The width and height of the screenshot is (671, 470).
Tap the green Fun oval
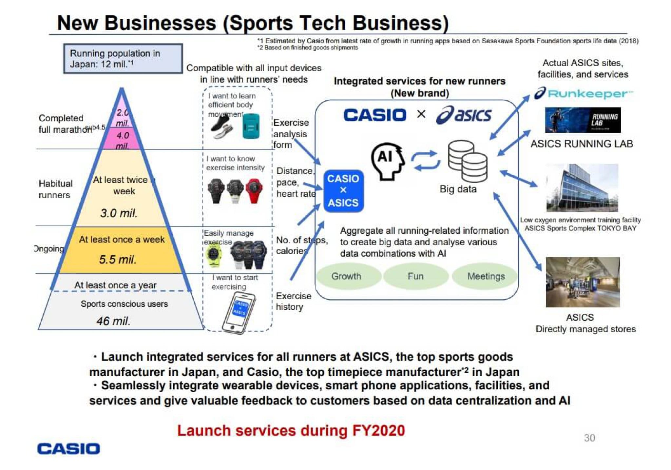[x=415, y=276]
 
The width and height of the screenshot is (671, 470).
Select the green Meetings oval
[x=485, y=276]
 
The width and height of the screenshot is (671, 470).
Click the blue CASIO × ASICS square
[x=343, y=191]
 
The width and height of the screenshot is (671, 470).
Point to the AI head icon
[x=388, y=161]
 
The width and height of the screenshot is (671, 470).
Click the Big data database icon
[x=468, y=161]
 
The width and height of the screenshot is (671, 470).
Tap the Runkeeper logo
[x=583, y=94]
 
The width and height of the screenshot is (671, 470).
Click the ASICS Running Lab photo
[x=583, y=120]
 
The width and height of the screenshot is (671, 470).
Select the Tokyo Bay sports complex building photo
[x=582, y=188]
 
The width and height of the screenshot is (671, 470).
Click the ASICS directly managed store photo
[x=583, y=282]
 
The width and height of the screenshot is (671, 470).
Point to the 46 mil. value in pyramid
[x=113, y=321]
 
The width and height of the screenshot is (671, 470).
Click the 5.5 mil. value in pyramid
[x=117, y=260]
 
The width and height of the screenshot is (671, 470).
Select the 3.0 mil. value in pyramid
[x=119, y=213]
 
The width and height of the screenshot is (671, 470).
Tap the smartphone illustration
[x=239, y=312]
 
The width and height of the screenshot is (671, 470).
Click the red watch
[x=254, y=190]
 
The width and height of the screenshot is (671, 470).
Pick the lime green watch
[x=213, y=254]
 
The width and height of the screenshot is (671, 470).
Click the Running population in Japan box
[x=123, y=58]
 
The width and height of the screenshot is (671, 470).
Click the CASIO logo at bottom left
[x=68, y=449]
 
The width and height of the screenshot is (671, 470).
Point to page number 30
[x=589, y=438]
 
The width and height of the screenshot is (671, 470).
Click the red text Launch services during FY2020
[x=291, y=430]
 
